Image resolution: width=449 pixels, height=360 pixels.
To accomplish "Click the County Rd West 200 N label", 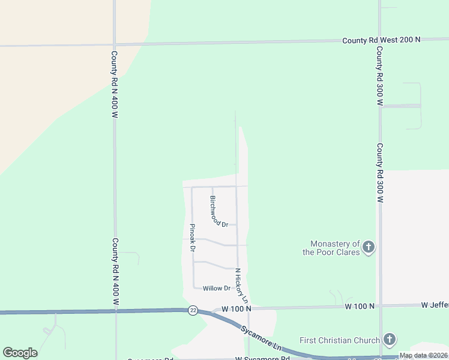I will click(381, 40).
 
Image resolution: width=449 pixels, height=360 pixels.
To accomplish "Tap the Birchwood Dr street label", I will click(218, 211).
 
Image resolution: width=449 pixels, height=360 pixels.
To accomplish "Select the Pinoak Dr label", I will click(192, 237).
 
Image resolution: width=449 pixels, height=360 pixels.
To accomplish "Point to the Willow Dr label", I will click(216, 288).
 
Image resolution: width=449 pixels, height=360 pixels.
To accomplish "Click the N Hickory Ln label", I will click(241, 285).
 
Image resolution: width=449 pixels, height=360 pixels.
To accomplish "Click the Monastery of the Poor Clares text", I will click(335, 248).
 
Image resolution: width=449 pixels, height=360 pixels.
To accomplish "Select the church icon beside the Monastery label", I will click(369, 247).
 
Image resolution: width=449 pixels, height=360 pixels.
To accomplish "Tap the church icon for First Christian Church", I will click(389, 340).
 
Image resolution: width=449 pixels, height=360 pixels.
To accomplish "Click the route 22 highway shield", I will click(193, 310).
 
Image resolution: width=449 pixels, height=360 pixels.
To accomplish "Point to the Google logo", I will click(20, 353).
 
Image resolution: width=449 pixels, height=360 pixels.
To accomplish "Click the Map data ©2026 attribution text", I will click(423, 355).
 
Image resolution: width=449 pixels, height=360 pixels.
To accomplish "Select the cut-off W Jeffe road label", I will click(435, 305).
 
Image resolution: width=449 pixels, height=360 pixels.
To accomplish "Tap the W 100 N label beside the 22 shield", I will click(235, 308).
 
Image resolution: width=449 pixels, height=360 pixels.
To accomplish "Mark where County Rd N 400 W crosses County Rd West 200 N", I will click(114, 44).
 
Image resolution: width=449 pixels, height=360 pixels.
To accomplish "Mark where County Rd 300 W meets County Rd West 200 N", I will click(379, 40).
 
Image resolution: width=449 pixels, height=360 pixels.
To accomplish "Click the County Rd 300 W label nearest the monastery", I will click(379, 174).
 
